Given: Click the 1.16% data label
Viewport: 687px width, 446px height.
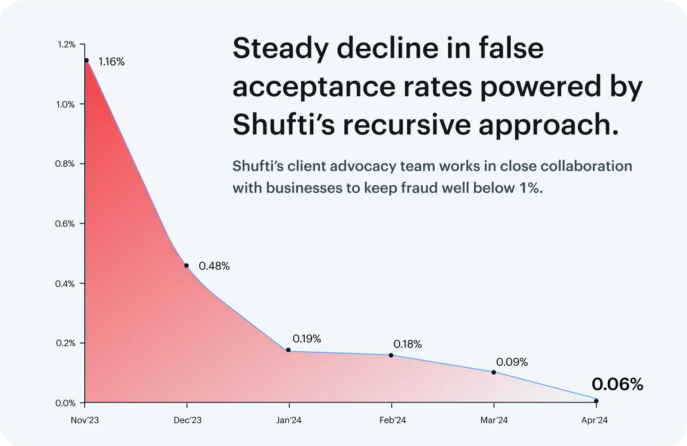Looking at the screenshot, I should tap(111, 62).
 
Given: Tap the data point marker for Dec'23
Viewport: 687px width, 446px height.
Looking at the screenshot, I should tap(186, 266).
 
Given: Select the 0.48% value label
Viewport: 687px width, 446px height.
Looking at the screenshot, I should tap(214, 266).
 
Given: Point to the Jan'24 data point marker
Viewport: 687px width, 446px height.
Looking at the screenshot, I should tap(288, 350).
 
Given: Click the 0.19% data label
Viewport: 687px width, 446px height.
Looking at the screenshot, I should tap(307, 339).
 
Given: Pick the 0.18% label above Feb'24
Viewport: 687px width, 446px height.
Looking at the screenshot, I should tap(407, 344).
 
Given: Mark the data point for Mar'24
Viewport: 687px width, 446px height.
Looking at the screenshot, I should tap(494, 372).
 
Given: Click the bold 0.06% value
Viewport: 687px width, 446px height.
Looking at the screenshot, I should tap(617, 385).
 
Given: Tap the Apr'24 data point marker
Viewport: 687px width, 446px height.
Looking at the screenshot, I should tap(596, 401).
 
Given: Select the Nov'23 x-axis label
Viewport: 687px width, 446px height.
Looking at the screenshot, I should tap(85, 420).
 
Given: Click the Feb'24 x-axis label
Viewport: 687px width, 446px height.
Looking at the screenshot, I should tap(392, 420).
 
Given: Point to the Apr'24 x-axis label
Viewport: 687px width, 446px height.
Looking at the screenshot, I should tap(595, 420).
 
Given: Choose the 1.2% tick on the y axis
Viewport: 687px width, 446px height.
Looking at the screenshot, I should tap(66, 45).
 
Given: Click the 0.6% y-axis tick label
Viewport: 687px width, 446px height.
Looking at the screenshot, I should tap(66, 224).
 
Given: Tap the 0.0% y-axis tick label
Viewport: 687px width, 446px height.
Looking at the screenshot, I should tap(66, 403).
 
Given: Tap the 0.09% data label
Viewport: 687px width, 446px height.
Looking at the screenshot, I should tap(512, 362).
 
